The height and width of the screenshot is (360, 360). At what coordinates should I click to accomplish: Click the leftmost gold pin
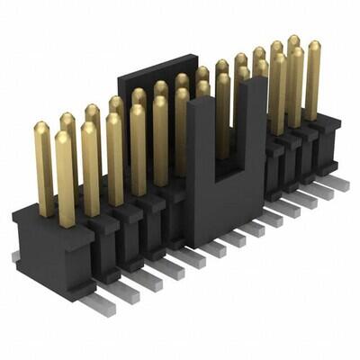coord(43,166)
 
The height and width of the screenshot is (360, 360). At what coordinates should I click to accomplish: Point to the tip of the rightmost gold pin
coord(313,44)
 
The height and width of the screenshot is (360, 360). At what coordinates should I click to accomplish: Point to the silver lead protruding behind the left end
coord(15,256)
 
